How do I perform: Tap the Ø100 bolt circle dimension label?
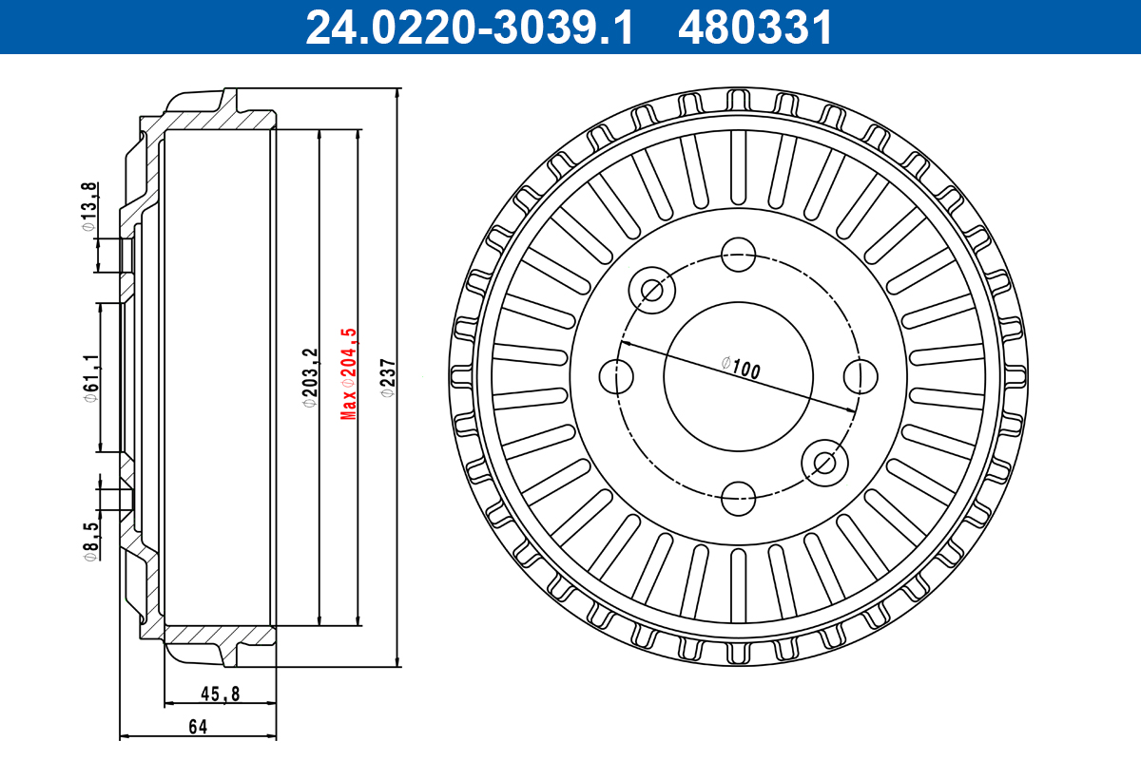coord(742,368)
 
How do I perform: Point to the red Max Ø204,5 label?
coord(349,373)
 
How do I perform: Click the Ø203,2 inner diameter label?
coord(308,377)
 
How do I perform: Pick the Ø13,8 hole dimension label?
coord(87,206)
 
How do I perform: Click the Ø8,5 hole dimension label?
coord(88,541)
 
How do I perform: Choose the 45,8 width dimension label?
coord(220,694)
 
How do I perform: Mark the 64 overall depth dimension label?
coord(197,727)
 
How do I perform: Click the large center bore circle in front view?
coord(739,375)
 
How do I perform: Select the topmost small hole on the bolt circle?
coord(739,254)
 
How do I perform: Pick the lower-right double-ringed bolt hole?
coord(824,462)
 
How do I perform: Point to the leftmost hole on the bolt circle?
coord(618,375)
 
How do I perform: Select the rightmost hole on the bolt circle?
coord(860,375)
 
